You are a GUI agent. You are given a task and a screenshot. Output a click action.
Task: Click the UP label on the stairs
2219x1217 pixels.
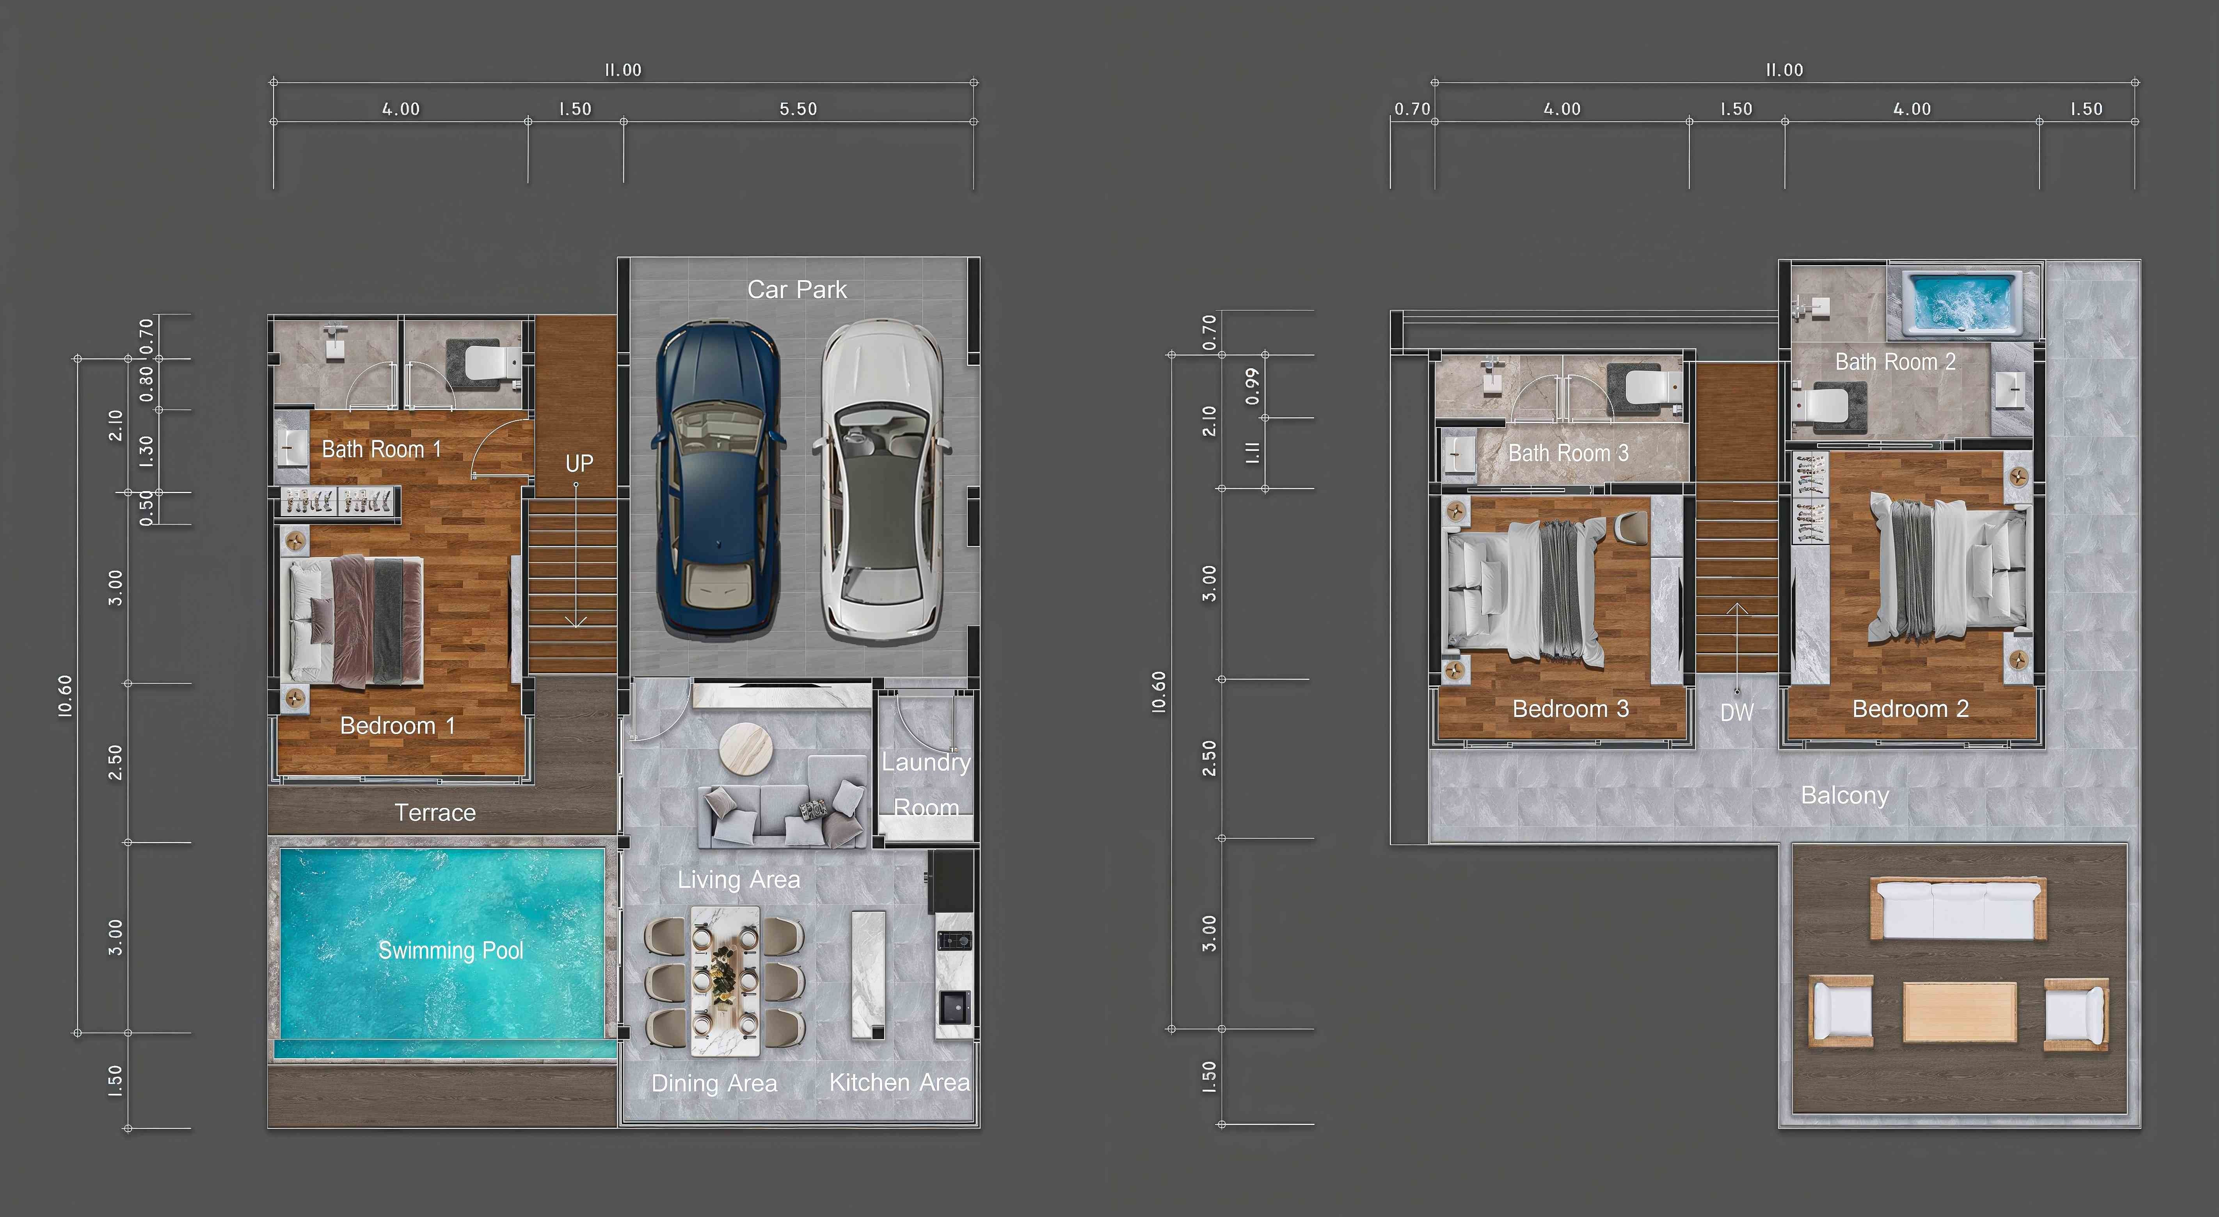click(579, 463)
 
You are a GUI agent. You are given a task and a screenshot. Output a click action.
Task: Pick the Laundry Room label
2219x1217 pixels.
click(926, 785)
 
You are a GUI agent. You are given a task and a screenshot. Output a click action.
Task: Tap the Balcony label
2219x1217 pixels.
click(1845, 795)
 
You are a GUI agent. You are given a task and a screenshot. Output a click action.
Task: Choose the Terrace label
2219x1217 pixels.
click(435, 812)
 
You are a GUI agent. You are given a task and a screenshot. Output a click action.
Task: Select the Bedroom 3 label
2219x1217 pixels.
click(1571, 709)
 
